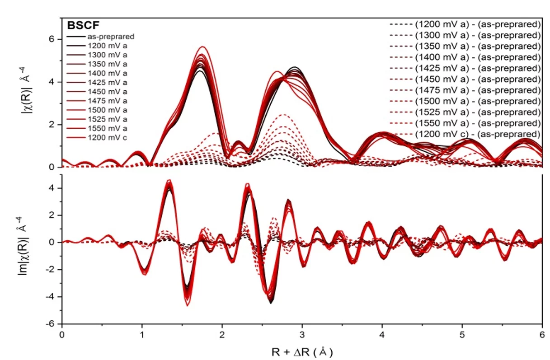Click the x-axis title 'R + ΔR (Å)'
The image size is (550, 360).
[302, 352]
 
